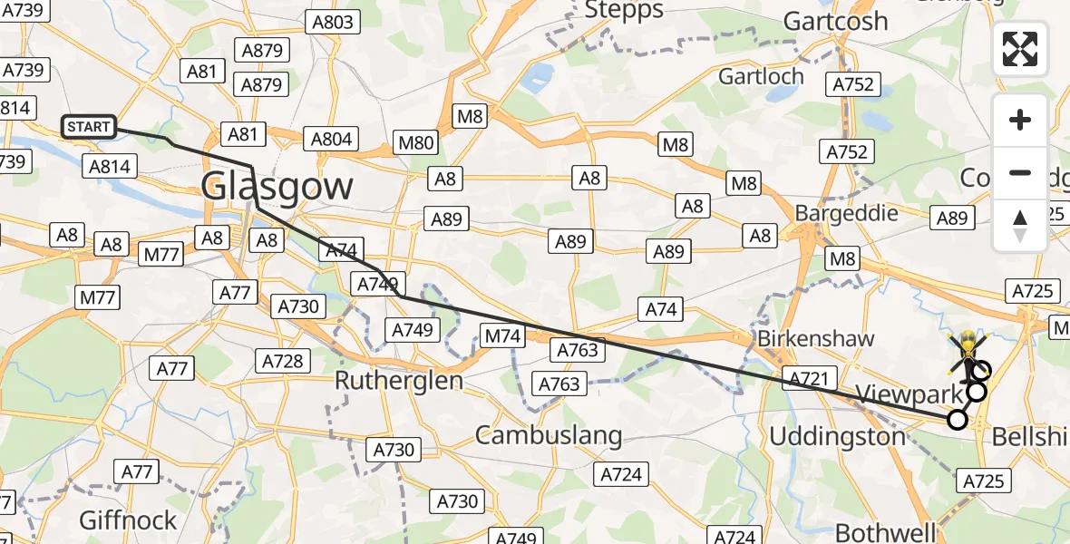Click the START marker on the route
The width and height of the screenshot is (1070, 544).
[89, 127]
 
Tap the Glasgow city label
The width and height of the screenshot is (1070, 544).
[277, 187]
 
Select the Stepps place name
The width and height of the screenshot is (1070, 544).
[624, 11]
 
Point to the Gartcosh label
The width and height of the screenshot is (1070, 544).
[834, 21]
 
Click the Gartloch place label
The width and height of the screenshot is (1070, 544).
[761, 76]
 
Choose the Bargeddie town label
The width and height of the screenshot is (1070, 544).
[846, 213]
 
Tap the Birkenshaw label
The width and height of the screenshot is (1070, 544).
[816, 339]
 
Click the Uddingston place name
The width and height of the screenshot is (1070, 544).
[837, 436]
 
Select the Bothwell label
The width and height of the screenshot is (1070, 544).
[885, 531]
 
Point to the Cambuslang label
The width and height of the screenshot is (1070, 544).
[549, 435]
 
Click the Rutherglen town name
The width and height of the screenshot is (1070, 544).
[399, 380]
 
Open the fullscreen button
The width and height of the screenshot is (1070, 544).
[1020, 49]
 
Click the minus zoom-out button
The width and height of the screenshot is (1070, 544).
[1020, 172]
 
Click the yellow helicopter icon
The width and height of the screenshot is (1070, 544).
[968, 345]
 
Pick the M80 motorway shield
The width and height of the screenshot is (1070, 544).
[416, 141]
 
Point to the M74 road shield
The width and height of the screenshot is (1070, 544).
[502, 336]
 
